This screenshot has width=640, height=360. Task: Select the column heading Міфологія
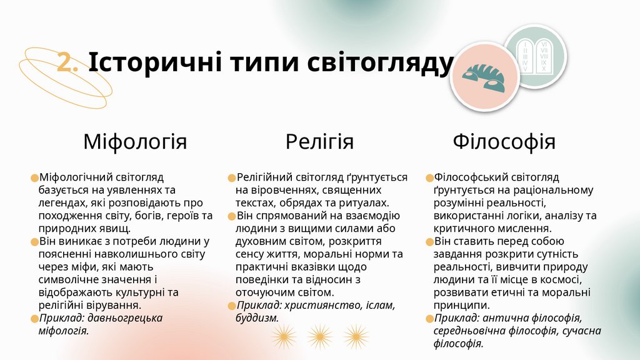(135, 141)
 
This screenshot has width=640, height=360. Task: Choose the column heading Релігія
(319, 141)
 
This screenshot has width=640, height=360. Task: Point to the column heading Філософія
(504, 141)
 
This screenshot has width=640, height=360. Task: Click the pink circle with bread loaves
(485, 77)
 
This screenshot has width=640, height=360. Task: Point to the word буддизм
(256, 318)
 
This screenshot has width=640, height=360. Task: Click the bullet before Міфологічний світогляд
(34, 178)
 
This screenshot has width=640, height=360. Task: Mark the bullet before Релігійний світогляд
(231, 178)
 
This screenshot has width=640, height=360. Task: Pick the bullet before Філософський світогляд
(429, 178)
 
